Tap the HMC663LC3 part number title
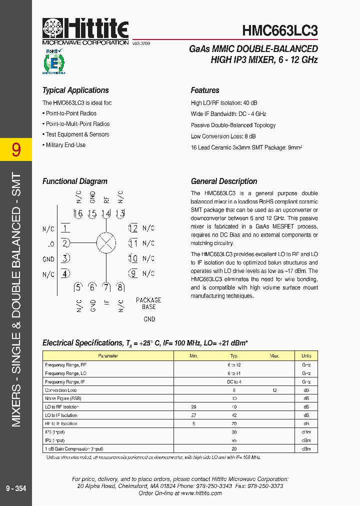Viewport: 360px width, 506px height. [x=279, y=31]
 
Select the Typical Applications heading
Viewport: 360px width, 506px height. [x=75, y=90]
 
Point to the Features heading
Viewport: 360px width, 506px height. [x=205, y=90]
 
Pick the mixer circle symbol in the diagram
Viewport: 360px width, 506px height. [x=106, y=243]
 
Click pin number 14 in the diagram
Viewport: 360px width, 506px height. [x=105, y=214]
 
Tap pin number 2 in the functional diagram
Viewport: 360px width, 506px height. [x=65, y=243]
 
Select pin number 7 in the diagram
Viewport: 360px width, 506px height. [x=106, y=287]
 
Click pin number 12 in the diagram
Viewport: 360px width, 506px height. [x=133, y=228]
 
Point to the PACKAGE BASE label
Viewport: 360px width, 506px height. [x=148, y=303]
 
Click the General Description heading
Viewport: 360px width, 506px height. [x=224, y=181]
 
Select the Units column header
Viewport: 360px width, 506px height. [x=306, y=356]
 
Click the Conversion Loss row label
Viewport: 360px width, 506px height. [x=61, y=390]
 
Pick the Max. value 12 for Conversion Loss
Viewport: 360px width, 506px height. [x=274, y=390]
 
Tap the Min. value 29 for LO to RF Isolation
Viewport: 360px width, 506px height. [x=194, y=407]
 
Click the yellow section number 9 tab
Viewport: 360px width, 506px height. [x=16, y=149]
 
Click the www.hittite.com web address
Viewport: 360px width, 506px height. [x=201, y=493]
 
